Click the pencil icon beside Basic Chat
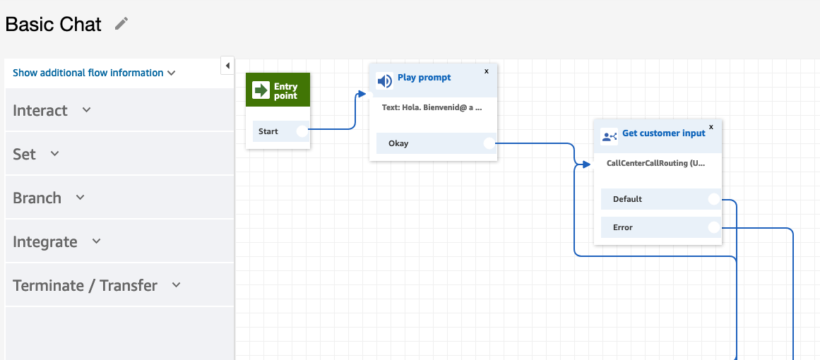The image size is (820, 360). click(x=121, y=23)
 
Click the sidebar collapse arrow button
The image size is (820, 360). click(x=227, y=66)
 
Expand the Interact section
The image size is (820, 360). click(x=52, y=110)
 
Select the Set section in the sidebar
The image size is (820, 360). click(x=36, y=154)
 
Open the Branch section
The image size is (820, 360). click(x=49, y=198)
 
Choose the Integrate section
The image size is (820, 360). click(x=57, y=242)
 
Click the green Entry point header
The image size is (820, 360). click(x=278, y=90)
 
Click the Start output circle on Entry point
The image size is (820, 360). click(x=302, y=131)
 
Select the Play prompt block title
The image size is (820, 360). click(x=424, y=78)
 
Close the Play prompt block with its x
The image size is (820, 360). click(x=487, y=71)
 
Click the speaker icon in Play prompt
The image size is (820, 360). click(x=384, y=81)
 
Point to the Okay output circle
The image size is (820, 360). click(x=489, y=143)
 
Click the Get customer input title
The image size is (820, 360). click(x=664, y=133)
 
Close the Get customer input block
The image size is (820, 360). click(x=711, y=126)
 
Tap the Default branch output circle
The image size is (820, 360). click(x=714, y=199)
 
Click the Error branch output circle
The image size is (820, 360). click(x=714, y=227)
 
